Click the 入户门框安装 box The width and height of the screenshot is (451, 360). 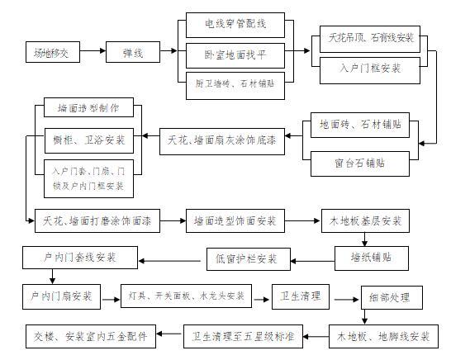coord(371,69)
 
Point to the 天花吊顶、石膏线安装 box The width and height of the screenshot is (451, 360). coord(371,38)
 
